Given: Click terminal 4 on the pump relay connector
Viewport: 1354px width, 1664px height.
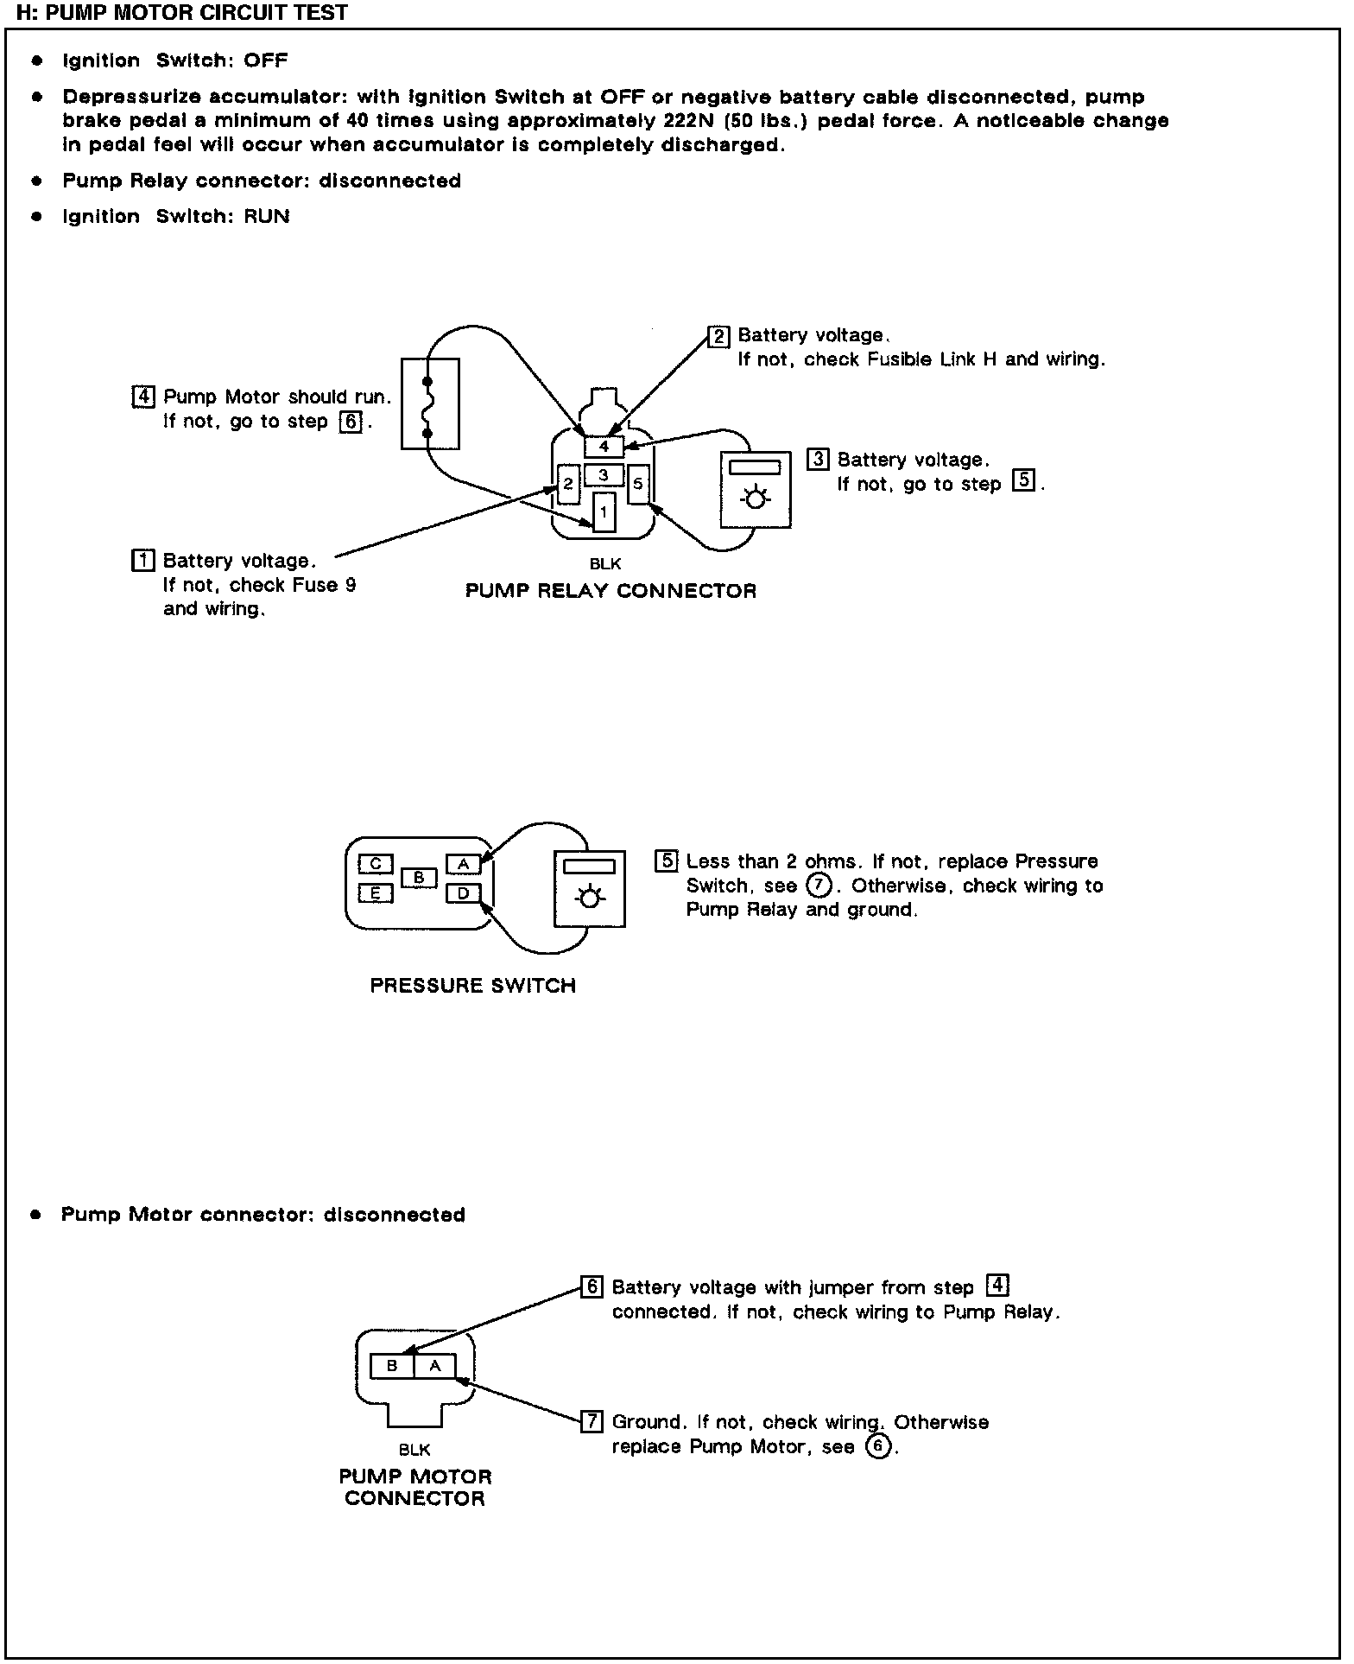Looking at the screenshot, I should point(604,447).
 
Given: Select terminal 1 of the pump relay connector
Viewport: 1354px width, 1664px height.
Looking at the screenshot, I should point(604,511).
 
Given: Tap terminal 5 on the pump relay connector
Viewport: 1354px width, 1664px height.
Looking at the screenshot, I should point(638,484).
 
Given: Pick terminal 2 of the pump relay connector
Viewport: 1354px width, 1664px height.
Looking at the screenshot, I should point(567,484).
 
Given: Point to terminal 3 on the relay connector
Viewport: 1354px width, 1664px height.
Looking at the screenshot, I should point(604,475).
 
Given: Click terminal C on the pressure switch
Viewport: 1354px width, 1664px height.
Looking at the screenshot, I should point(375,863).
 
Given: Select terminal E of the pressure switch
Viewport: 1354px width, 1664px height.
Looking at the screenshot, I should point(375,893).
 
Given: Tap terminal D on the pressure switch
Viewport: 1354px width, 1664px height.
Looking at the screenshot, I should point(463,893).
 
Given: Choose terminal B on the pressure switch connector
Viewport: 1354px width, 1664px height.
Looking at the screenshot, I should point(419,878).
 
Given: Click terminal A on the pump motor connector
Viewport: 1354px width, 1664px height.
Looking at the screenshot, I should point(435,1366).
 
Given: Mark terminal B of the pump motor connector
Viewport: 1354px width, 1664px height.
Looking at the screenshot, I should point(392,1366).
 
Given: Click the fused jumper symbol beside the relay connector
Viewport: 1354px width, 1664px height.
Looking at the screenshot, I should point(430,403).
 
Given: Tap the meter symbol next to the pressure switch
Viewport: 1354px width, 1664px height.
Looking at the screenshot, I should point(589,889).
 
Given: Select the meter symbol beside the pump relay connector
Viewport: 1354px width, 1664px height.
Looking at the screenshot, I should point(756,489).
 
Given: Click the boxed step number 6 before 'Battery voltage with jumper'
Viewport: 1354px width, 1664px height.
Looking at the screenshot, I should point(592,1287).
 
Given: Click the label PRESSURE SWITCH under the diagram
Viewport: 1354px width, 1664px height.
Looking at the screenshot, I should point(472,986).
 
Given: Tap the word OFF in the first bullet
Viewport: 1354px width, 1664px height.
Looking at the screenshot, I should point(265,60).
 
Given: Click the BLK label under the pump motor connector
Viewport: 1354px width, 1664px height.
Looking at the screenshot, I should point(414,1450).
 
